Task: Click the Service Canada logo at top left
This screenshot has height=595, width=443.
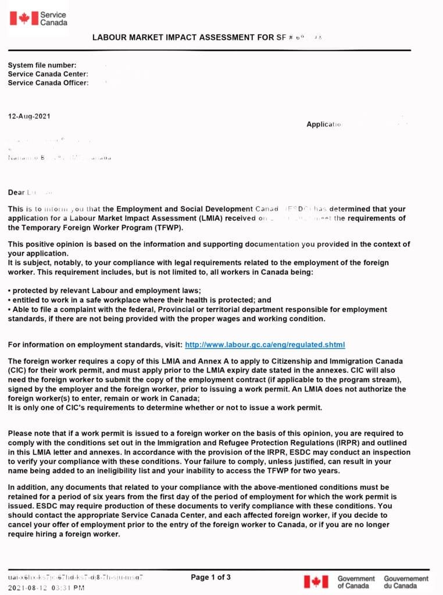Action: click(38, 18)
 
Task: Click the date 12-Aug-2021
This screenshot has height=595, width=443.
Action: click(29, 116)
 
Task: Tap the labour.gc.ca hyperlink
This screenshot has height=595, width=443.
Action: click(265, 345)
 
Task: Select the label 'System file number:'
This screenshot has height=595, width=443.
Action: click(42, 66)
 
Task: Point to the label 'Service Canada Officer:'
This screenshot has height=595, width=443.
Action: click(48, 83)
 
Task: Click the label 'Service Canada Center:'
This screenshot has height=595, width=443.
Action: click(48, 74)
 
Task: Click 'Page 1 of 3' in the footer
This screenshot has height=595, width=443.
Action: click(210, 577)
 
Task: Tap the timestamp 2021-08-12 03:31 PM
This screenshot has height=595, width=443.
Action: click(46, 588)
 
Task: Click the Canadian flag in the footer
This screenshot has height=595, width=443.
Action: click(316, 582)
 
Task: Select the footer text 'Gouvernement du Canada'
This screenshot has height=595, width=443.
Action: click(406, 582)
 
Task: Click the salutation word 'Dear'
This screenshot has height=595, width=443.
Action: click(16, 192)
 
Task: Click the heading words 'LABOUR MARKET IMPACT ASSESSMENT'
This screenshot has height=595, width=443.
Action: click(175, 38)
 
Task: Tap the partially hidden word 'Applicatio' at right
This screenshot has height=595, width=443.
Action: click(323, 124)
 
